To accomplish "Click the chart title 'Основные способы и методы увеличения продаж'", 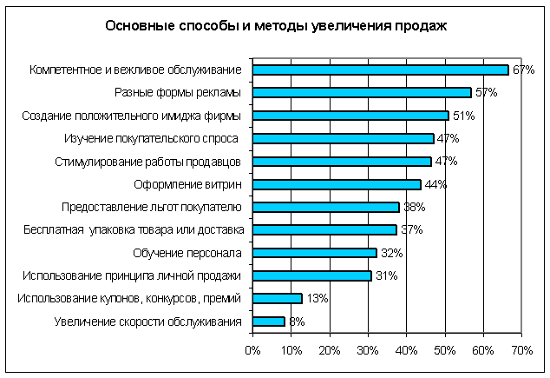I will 275,25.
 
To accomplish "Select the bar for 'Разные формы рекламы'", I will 362,92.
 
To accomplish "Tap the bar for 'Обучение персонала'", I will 314,253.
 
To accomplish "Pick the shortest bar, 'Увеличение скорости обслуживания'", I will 268,322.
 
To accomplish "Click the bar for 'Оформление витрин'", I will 337,184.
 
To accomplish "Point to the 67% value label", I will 523,70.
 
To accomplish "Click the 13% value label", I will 317,299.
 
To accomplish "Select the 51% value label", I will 463,116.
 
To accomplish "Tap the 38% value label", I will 414,207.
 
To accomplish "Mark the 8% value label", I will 297,322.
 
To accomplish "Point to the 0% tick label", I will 252,350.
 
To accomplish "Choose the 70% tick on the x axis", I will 521,350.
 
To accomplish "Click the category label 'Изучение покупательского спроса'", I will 153,138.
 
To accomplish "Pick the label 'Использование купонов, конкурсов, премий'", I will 128,299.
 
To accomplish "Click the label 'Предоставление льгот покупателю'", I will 151,207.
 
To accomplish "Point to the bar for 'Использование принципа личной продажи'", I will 312,275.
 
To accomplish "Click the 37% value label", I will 411,230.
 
